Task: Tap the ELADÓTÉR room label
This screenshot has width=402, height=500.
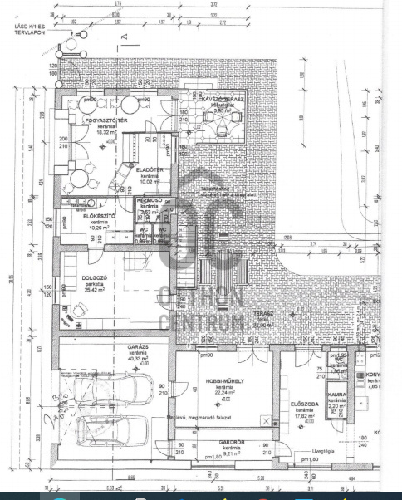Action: tap(150, 170)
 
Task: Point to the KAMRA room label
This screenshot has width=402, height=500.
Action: tap(336, 395)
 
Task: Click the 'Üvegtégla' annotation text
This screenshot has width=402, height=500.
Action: tap(313, 453)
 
